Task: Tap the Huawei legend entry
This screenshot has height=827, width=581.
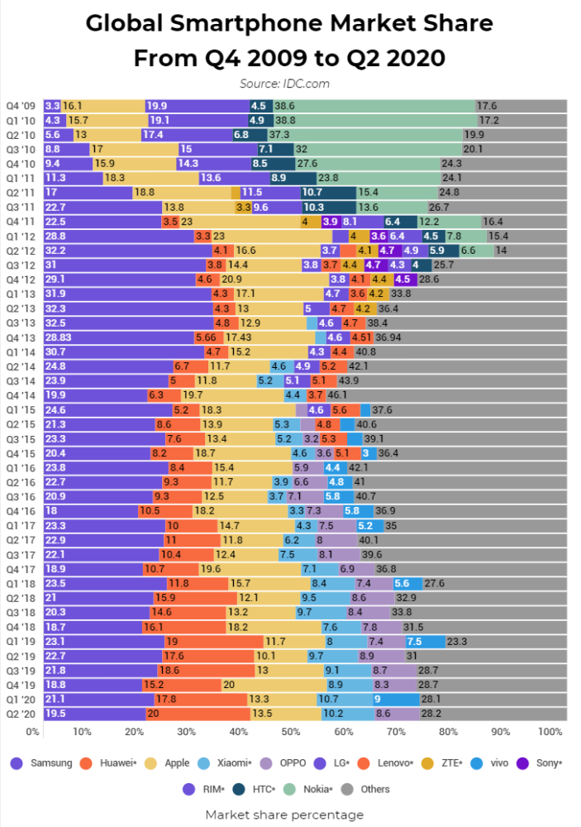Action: (109, 763)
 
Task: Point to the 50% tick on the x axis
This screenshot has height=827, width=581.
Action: (290, 731)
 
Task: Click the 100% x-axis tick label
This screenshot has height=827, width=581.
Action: (550, 731)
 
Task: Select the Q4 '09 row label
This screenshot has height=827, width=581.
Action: (22, 106)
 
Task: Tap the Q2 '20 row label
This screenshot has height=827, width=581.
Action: (22, 714)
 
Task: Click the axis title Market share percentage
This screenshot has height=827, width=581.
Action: (284, 815)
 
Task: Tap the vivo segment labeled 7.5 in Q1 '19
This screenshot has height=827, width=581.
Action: (426, 641)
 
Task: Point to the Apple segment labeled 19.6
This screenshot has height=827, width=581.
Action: (250, 569)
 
